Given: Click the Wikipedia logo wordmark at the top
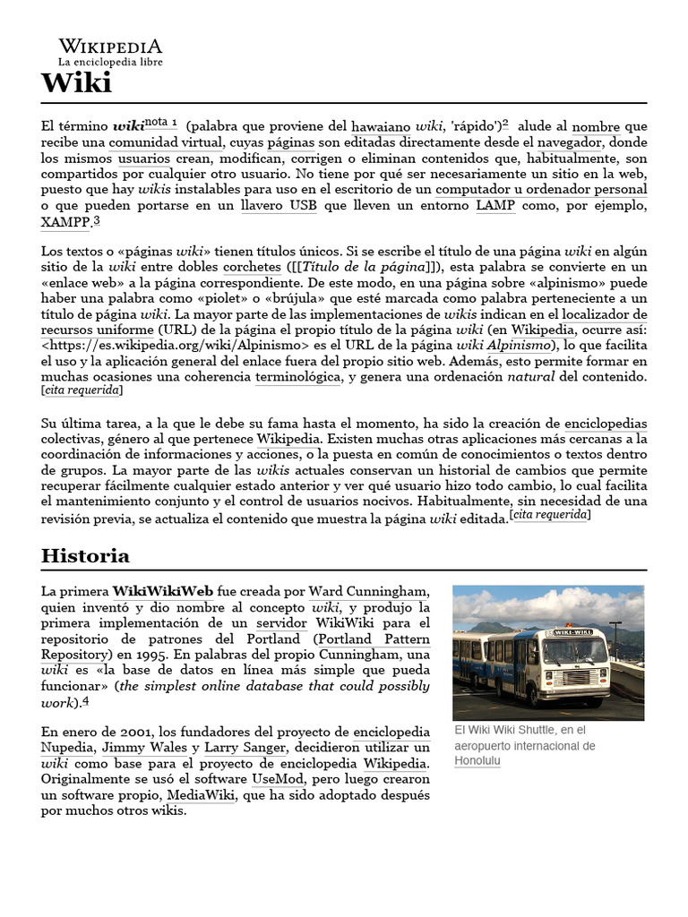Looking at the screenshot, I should coord(110,46).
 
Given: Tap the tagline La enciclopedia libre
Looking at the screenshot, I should coord(110,63).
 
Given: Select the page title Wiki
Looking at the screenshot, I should coord(76,84).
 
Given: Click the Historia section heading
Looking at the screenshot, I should coord(85,556).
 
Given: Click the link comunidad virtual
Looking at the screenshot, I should coord(166,142).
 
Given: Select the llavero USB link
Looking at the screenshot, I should coord(279,205).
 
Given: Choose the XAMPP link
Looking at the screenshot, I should coord(65,221).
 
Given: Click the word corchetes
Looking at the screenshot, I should coord(252,268).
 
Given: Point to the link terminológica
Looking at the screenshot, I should coord(297,378).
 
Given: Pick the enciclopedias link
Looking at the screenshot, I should coord(606,424).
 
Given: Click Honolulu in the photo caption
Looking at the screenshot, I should coord(477,761).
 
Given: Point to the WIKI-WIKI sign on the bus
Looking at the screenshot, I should coord(574,632).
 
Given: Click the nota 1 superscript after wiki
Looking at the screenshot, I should coord(161,123).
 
